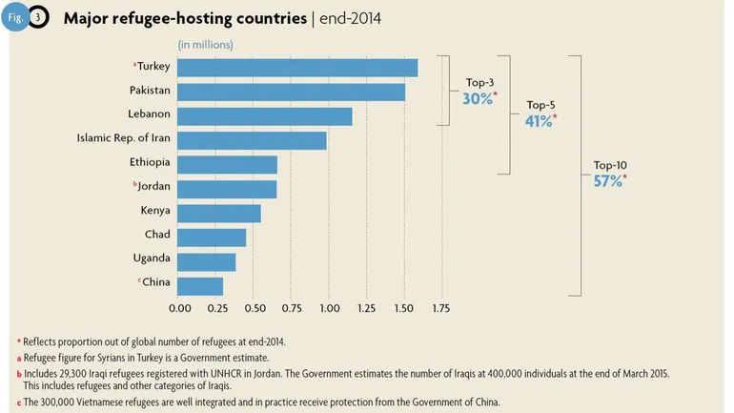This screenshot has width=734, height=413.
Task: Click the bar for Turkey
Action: click(x=297, y=67)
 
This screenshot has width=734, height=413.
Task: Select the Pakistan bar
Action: click(x=292, y=92)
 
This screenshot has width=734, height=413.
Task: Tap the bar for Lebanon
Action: click(x=265, y=116)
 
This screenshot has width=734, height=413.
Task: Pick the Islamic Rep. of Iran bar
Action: click(x=253, y=140)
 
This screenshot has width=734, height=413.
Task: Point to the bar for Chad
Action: click(x=213, y=237)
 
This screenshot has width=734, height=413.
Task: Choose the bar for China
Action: click(x=201, y=285)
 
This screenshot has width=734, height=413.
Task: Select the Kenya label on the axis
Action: click(x=154, y=211)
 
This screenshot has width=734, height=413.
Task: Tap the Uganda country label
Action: click(x=151, y=258)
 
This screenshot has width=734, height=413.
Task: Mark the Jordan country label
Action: click(x=153, y=188)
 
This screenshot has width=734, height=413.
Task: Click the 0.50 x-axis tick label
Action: click(x=254, y=309)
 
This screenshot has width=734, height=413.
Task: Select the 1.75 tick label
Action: click(x=440, y=309)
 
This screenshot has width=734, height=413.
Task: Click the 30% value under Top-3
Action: click(x=478, y=98)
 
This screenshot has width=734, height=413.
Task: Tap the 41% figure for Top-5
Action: click(x=540, y=121)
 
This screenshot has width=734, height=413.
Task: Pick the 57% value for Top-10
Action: click(x=607, y=179)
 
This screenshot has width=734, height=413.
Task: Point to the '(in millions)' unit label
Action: click(x=206, y=44)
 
